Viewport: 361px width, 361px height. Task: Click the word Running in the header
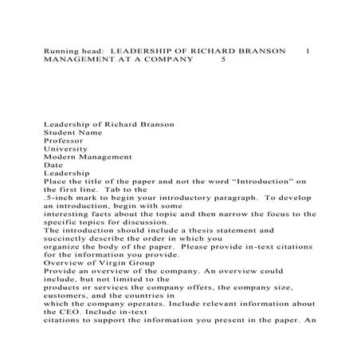[x=60, y=50]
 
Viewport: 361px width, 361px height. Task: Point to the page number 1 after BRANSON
[x=308, y=50]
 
